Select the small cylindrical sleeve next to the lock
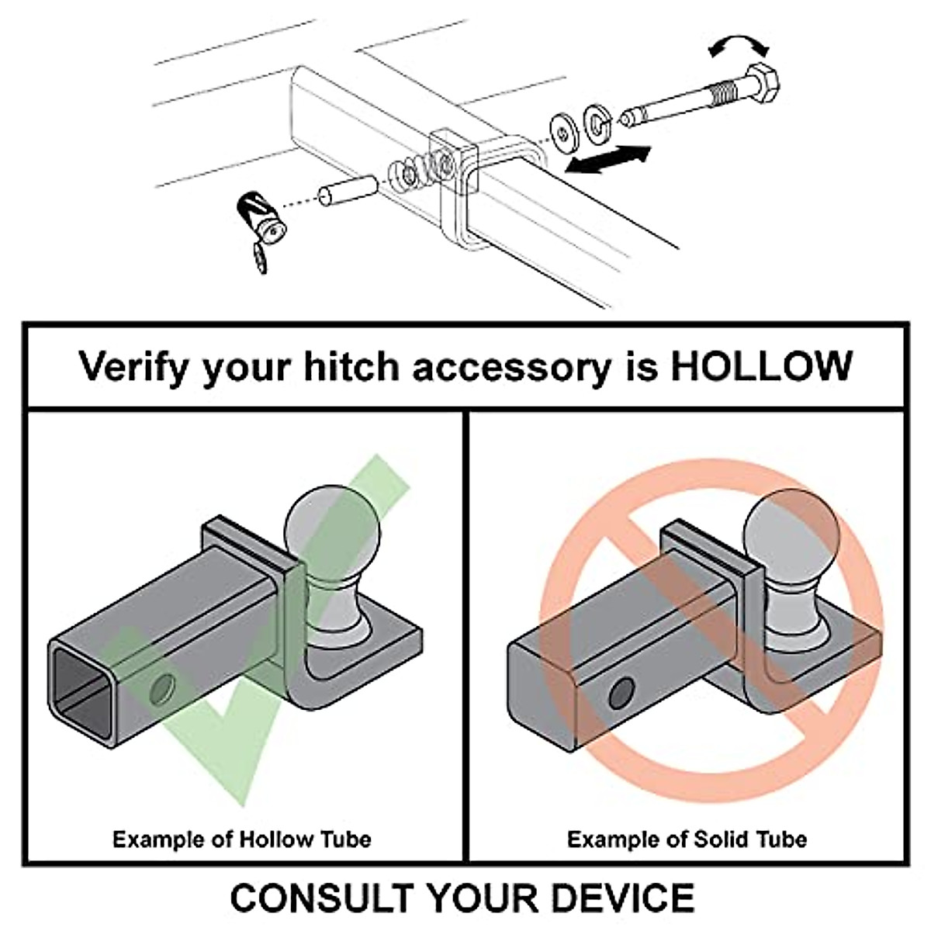tap(346, 191)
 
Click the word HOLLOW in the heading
tap(761, 365)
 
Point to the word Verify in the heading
tap(132, 367)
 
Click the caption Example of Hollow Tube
tap(241, 839)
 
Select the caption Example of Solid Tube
tap(686, 839)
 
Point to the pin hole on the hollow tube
tap(164, 688)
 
